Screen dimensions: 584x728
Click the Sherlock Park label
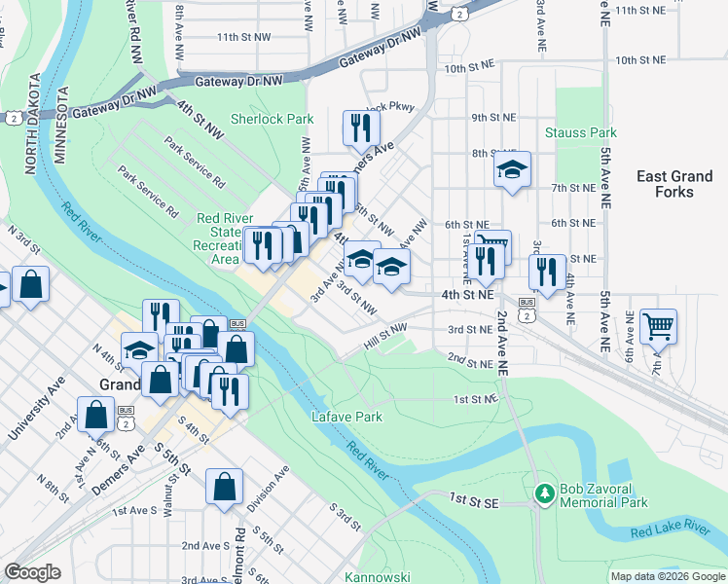click(x=272, y=120)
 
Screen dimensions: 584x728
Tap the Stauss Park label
click(x=581, y=132)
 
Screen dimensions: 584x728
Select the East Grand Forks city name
click(x=674, y=184)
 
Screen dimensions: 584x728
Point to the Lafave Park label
click(x=346, y=417)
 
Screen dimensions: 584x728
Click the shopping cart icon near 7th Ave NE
click(x=659, y=327)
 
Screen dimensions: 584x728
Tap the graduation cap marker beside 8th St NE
click(x=511, y=169)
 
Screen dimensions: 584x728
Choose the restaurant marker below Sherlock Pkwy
click(x=359, y=127)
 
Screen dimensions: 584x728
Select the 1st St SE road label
click(x=474, y=498)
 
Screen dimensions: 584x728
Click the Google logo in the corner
click(x=32, y=571)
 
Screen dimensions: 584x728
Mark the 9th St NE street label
click(x=492, y=117)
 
